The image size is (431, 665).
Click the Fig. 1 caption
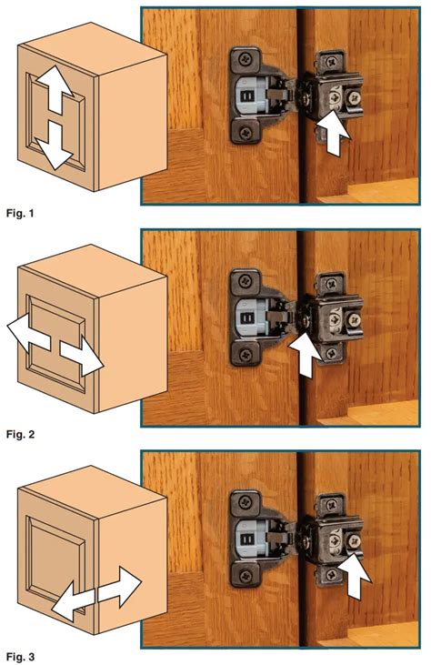[x=20, y=213]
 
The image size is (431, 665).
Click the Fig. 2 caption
[x=20, y=434]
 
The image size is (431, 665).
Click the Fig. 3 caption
[x=20, y=657]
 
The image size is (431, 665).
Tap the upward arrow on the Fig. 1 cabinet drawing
[x=55, y=90]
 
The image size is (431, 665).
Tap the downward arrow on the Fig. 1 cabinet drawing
[x=55, y=145]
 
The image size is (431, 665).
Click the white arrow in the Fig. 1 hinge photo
[x=334, y=132]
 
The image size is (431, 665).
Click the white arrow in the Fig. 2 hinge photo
[x=306, y=353]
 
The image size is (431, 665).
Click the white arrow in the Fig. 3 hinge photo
[x=356, y=577]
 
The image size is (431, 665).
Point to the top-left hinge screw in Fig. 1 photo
[x=245, y=59]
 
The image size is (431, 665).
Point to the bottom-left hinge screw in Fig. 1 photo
[x=246, y=133]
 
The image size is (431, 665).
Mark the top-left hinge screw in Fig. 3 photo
[x=245, y=503]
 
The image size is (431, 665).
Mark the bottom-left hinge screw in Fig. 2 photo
[x=246, y=355]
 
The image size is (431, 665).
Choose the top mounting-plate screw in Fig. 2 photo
[x=331, y=283]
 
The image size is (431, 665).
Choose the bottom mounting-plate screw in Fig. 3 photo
[x=331, y=575]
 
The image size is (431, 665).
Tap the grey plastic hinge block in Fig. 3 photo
[x=250, y=539]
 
